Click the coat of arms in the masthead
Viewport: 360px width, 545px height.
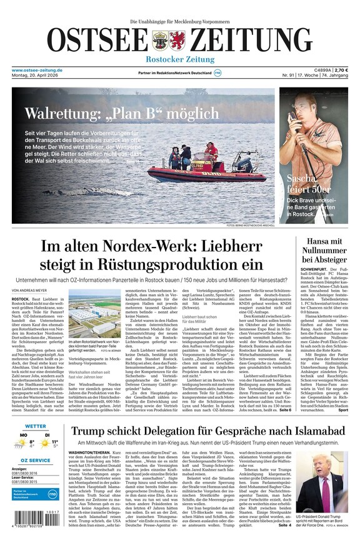pos(164,41)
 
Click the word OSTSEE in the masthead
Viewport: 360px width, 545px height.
pos(97,41)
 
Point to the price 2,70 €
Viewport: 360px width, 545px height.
pos(341,70)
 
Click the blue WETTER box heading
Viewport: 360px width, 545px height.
pos(36,427)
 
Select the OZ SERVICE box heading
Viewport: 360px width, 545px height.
pos(36,460)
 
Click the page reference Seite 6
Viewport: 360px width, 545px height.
pos(285,409)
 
